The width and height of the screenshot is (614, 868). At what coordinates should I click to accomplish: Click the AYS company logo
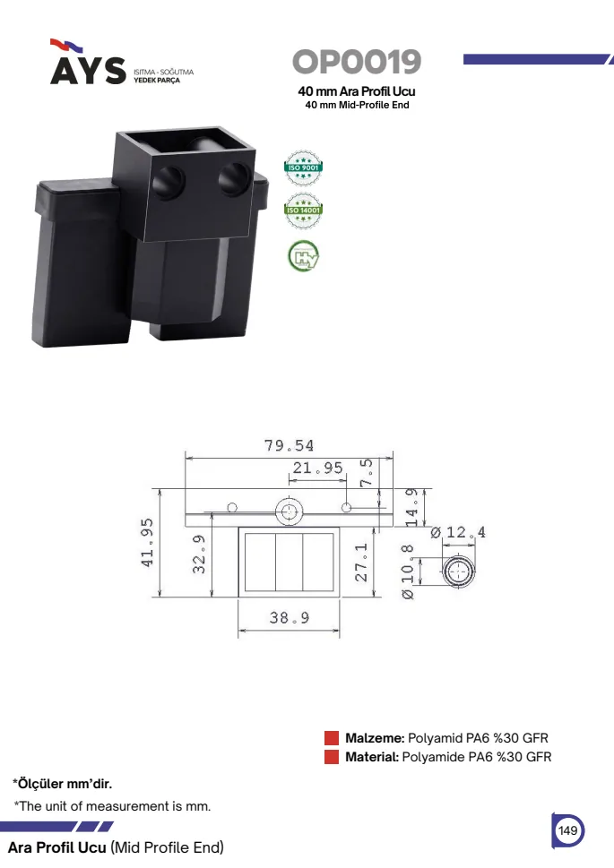(88, 62)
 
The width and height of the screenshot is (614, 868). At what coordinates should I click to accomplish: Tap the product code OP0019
(357, 62)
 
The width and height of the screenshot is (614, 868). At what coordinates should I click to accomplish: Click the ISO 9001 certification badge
(303, 168)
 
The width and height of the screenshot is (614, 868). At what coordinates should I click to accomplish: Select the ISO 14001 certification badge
(303, 211)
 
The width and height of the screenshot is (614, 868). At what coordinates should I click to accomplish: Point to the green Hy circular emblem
(303, 256)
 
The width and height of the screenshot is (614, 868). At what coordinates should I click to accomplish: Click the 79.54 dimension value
(289, 445)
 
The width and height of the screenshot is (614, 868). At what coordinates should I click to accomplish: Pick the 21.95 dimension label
(317, 468)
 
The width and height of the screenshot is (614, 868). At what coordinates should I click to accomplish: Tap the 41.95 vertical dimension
(147, 543)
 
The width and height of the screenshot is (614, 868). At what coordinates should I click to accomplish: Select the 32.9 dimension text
(199, 554)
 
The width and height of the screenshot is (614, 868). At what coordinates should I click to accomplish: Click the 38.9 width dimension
(290, 617)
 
